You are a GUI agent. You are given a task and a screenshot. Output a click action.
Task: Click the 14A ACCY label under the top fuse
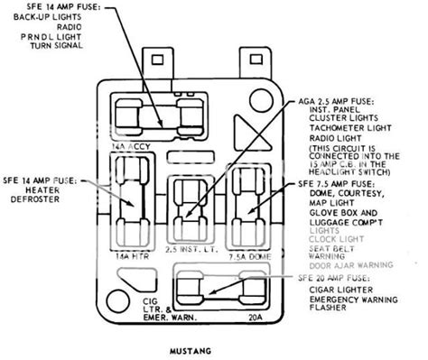pos(128,142)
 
